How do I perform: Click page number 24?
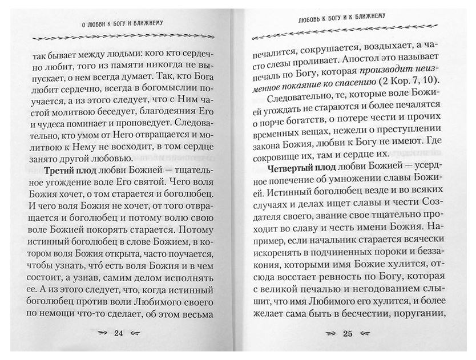click(120, 333)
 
